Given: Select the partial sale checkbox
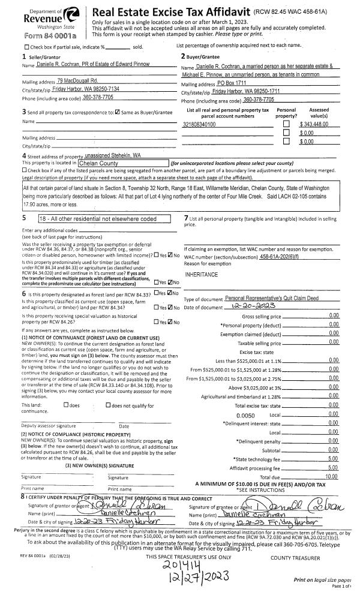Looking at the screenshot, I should [x=26, y=47].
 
